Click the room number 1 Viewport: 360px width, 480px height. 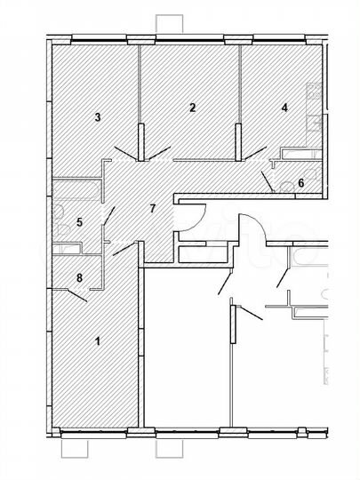tap(98, 340)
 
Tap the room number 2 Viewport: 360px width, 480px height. tap(192, 108)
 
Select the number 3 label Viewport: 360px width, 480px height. tap(97, 116)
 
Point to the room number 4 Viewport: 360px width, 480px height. tap(284, 108)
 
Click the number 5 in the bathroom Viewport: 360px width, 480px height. tap(79, 221)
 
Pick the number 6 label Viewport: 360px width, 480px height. tap(300, 183)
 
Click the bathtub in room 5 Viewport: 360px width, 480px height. tap(76, 191)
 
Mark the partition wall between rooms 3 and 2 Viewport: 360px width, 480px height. tap(140, 98)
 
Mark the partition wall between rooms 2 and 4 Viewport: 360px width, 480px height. tap(240, 98)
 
